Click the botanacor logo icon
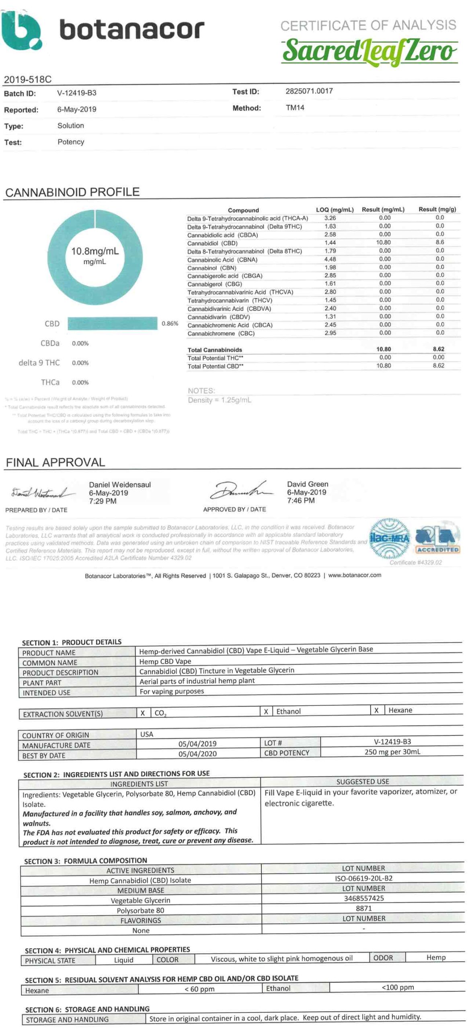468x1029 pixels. (x=21, y=30)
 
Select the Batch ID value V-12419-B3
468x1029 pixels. (x=76, y=93)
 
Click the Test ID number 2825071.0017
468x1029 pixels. (x=309, y=91)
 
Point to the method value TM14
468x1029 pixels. (x=295, y=108)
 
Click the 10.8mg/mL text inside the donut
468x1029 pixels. (x=95, y=251)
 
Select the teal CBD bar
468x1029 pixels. (x=112, y=323)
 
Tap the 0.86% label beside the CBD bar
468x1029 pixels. (x=170, y=323)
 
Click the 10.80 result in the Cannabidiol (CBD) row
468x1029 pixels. (x=383, y=242)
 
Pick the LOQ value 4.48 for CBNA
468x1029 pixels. (x=330, y=259)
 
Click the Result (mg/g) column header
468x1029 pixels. (x=437, y=209)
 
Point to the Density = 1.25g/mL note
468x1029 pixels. (x=220, y=400)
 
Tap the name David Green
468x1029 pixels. (x=308, y=484)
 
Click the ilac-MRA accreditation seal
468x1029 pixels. (x=389, y=539)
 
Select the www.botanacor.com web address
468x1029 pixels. (x=355, y=575)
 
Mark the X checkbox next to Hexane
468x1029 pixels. (x=376, y=710)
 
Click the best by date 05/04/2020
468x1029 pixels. (x=197, y=754)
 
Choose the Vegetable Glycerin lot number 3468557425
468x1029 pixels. (x=363, y=898)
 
